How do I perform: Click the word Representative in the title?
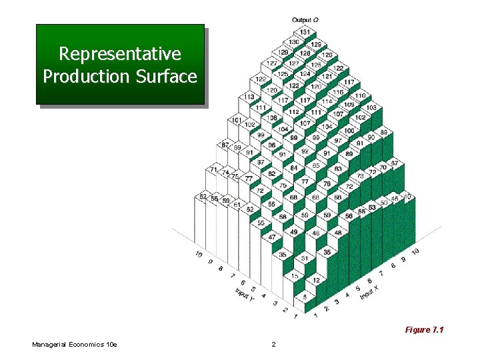(120, 53)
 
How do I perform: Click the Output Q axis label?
(305, 19)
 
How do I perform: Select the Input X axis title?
(367, 291)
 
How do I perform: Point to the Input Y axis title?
(243, 293)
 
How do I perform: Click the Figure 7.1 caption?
(424, 330)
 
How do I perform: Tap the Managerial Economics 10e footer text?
(74, 344)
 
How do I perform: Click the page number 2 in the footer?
(273, 344)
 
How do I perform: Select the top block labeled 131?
(305, 32)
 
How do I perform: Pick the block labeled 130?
(293, 42)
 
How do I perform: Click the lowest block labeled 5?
(305, 297)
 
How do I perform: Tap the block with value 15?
(294, 275)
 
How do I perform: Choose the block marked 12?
(317, 281)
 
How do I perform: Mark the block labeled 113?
(249, 97)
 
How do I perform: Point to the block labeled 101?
(236, 121)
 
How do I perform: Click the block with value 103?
(371, 107)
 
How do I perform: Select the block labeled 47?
(271, 237)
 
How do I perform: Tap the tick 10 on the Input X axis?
(415, 251)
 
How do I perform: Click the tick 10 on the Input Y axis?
(199, 255)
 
